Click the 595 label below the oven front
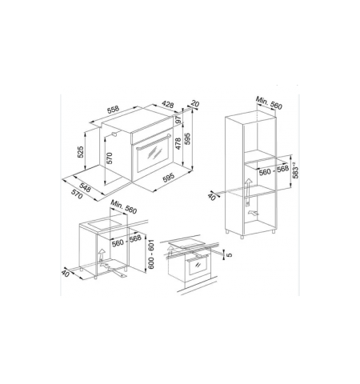pos(170,179)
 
